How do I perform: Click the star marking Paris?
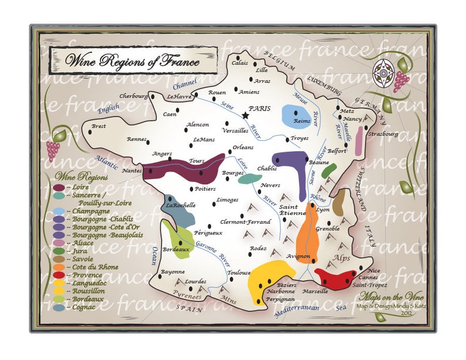[245, 116]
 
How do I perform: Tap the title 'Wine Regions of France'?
[132, 60]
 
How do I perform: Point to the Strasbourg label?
[382, 134]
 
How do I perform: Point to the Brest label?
[99, 126]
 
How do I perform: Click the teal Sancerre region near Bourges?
[251, 179]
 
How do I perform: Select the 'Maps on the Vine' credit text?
[387, 296]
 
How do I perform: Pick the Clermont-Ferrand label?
[245, 222]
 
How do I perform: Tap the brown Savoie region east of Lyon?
[339, 202]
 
